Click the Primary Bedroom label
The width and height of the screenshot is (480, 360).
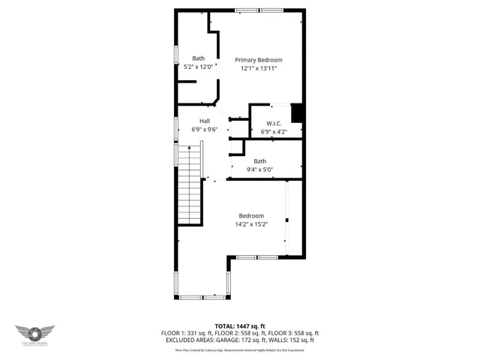(259, 60)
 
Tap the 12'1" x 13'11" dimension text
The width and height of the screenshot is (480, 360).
(259, 68)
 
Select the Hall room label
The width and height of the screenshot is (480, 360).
(204, 121)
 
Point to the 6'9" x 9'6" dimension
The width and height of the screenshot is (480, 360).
(204, 129)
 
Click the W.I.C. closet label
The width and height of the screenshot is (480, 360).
(274, 124)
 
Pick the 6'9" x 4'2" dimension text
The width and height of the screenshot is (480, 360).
(274, 132)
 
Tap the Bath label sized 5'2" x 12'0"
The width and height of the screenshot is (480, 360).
(198, 58)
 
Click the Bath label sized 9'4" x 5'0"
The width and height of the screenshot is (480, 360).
(259, 161)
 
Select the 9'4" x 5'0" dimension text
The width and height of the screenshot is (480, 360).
(259, 169)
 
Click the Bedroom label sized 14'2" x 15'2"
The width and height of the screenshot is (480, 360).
(251, 216)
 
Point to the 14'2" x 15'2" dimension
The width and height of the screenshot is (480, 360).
(251, 224)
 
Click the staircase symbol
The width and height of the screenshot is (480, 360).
(190, 184)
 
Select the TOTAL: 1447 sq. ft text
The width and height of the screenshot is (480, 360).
(240, 326)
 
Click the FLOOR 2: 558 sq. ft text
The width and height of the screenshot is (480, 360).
(240, 333)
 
